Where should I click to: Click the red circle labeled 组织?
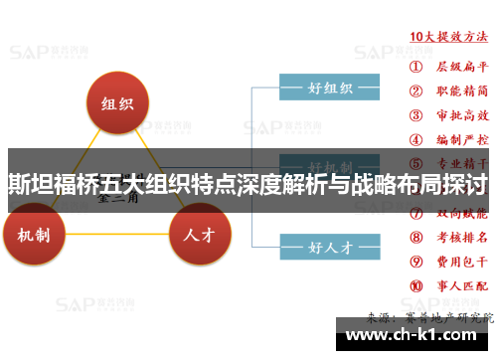click(x=117, y=103)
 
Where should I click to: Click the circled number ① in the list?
click(x=416, y=67)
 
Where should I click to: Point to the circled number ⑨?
click(x=416, y=264)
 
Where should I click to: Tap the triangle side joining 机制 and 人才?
click(x=117, y=239)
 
